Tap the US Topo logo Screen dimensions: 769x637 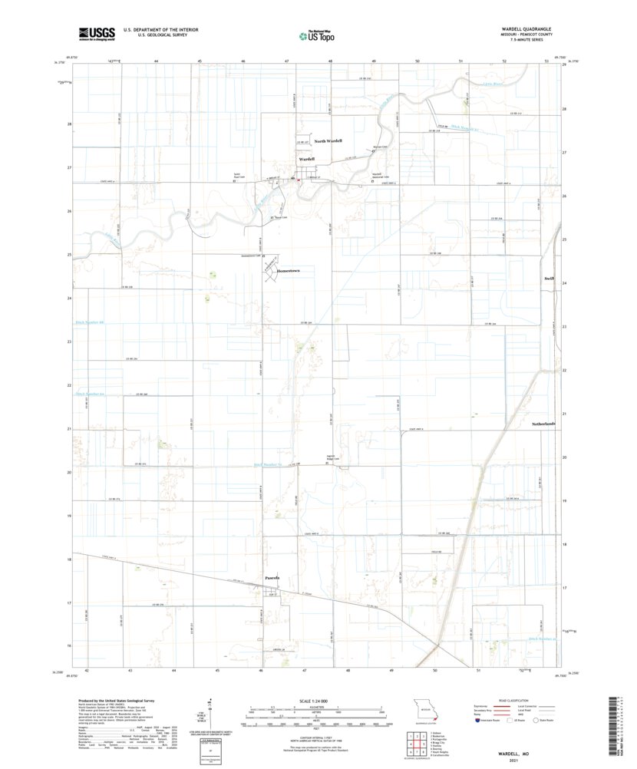317,34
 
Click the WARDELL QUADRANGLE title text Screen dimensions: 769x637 525,28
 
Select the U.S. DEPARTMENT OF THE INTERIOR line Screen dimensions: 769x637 160,29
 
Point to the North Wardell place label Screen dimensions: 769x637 328,141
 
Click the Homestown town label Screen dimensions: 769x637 284,271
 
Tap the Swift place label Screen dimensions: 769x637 548,278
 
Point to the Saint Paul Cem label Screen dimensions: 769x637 238,176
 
